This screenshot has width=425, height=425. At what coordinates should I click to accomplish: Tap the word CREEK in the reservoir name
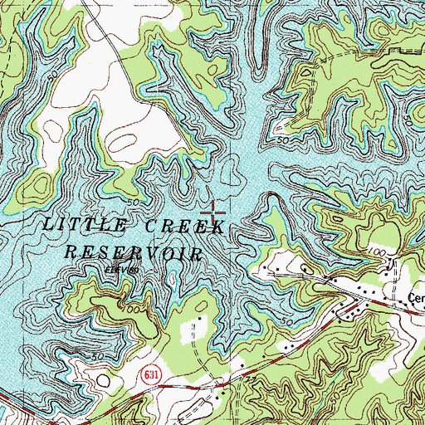pyautogui.click(x=180, y=228)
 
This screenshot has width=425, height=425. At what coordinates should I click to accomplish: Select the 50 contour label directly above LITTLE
pyautogui.click(x=133, y=202)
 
